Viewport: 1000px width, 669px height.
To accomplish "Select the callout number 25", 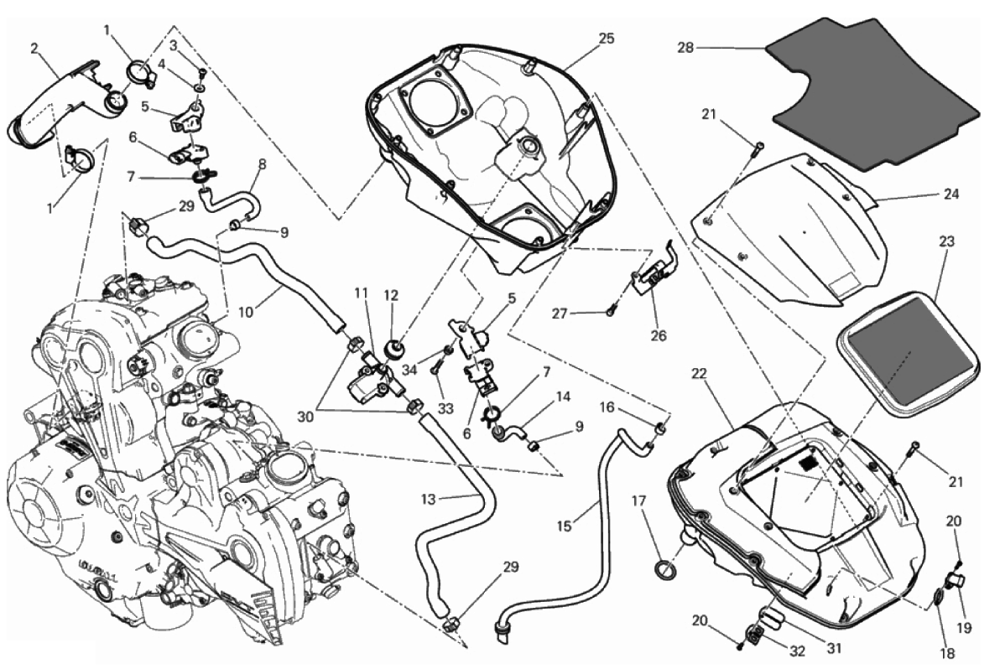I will tap(606, 39).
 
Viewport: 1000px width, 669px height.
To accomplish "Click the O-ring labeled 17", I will tap(664, 571).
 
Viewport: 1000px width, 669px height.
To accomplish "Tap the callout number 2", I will tap(34, 48).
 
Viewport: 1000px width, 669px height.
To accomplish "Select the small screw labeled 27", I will tap(612, 312).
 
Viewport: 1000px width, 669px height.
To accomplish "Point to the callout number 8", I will tap(261, 165).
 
